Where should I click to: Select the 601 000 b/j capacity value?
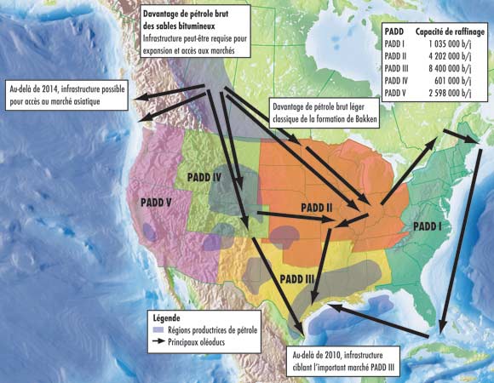click(459, 83)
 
